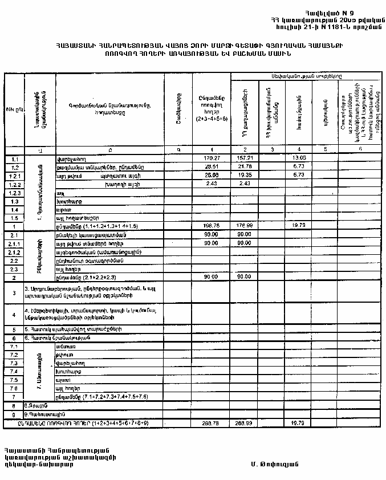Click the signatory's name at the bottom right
tap(273, 463)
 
